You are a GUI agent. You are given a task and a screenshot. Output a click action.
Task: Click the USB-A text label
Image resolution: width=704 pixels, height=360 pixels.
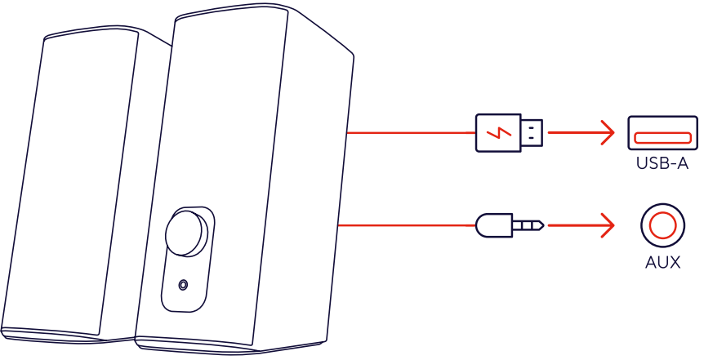coord(662,164)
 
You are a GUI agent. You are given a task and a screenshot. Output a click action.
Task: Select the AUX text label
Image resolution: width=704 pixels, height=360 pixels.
coord(662,263)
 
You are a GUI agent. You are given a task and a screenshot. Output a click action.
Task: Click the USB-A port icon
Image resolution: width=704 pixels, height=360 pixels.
coord(662,132)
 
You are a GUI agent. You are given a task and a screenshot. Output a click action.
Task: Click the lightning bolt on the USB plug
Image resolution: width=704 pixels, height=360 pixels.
coord(498,132)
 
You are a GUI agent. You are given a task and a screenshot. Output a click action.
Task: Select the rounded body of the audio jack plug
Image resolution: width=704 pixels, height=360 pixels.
coord(493,224)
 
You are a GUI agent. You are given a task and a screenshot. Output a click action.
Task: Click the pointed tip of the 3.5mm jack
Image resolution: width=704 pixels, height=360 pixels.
coord(540,224)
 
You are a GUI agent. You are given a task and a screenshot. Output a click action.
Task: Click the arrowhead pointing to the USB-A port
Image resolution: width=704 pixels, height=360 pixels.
coord(608,132)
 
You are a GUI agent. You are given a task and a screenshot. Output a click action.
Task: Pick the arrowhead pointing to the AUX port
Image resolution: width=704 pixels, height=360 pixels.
coord(608,224)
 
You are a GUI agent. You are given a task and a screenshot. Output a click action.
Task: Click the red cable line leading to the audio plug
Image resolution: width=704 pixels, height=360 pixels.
coord(408,224)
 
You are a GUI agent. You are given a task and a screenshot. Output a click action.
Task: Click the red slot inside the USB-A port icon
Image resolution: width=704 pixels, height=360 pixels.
coord(662,135)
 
